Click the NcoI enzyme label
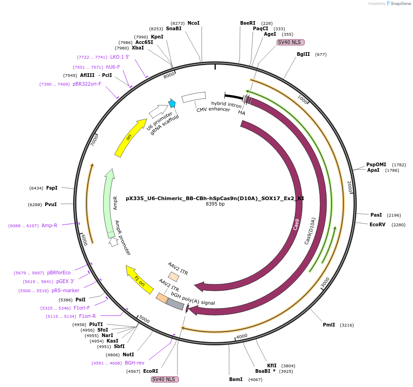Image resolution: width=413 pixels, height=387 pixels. pos(193,23)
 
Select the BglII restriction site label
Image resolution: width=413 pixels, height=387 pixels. pos(303,54)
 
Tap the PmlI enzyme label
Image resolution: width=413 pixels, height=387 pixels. pos(329,325)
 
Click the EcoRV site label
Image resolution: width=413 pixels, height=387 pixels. pos(377,224)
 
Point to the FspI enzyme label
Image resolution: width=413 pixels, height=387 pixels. pos(52,188)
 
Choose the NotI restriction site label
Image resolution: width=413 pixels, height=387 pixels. pos(128,354)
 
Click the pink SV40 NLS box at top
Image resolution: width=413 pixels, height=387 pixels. pos(290,42)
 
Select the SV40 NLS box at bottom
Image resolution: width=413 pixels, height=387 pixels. pos(165,379)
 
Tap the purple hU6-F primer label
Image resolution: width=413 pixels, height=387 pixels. pos(113,67)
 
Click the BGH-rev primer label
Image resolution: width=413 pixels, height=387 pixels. pos(134,363)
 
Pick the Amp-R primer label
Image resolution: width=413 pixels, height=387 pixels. pos(49,225)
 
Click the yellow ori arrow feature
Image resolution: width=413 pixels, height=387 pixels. pos(129,137)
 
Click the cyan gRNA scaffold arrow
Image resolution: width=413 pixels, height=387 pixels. pos(172,104)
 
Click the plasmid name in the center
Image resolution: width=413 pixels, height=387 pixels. pos(215,199)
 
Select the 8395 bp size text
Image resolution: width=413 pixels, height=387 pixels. pos(215,204)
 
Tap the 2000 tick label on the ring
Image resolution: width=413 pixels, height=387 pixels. pos(350,186)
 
